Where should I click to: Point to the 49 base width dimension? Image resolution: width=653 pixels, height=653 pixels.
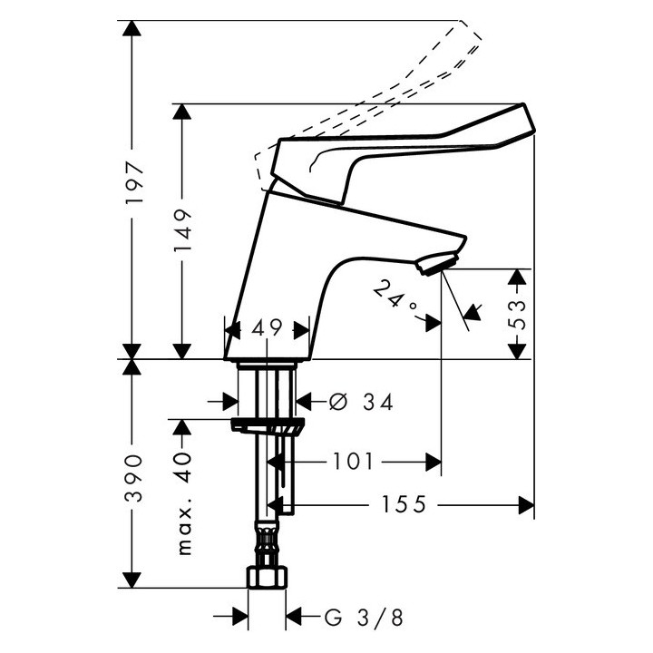click(x=267, y=327)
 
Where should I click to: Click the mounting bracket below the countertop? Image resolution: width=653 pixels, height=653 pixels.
click(x=268, y=426)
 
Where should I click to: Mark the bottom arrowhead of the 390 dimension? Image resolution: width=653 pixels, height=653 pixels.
click(x=134, y=580)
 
